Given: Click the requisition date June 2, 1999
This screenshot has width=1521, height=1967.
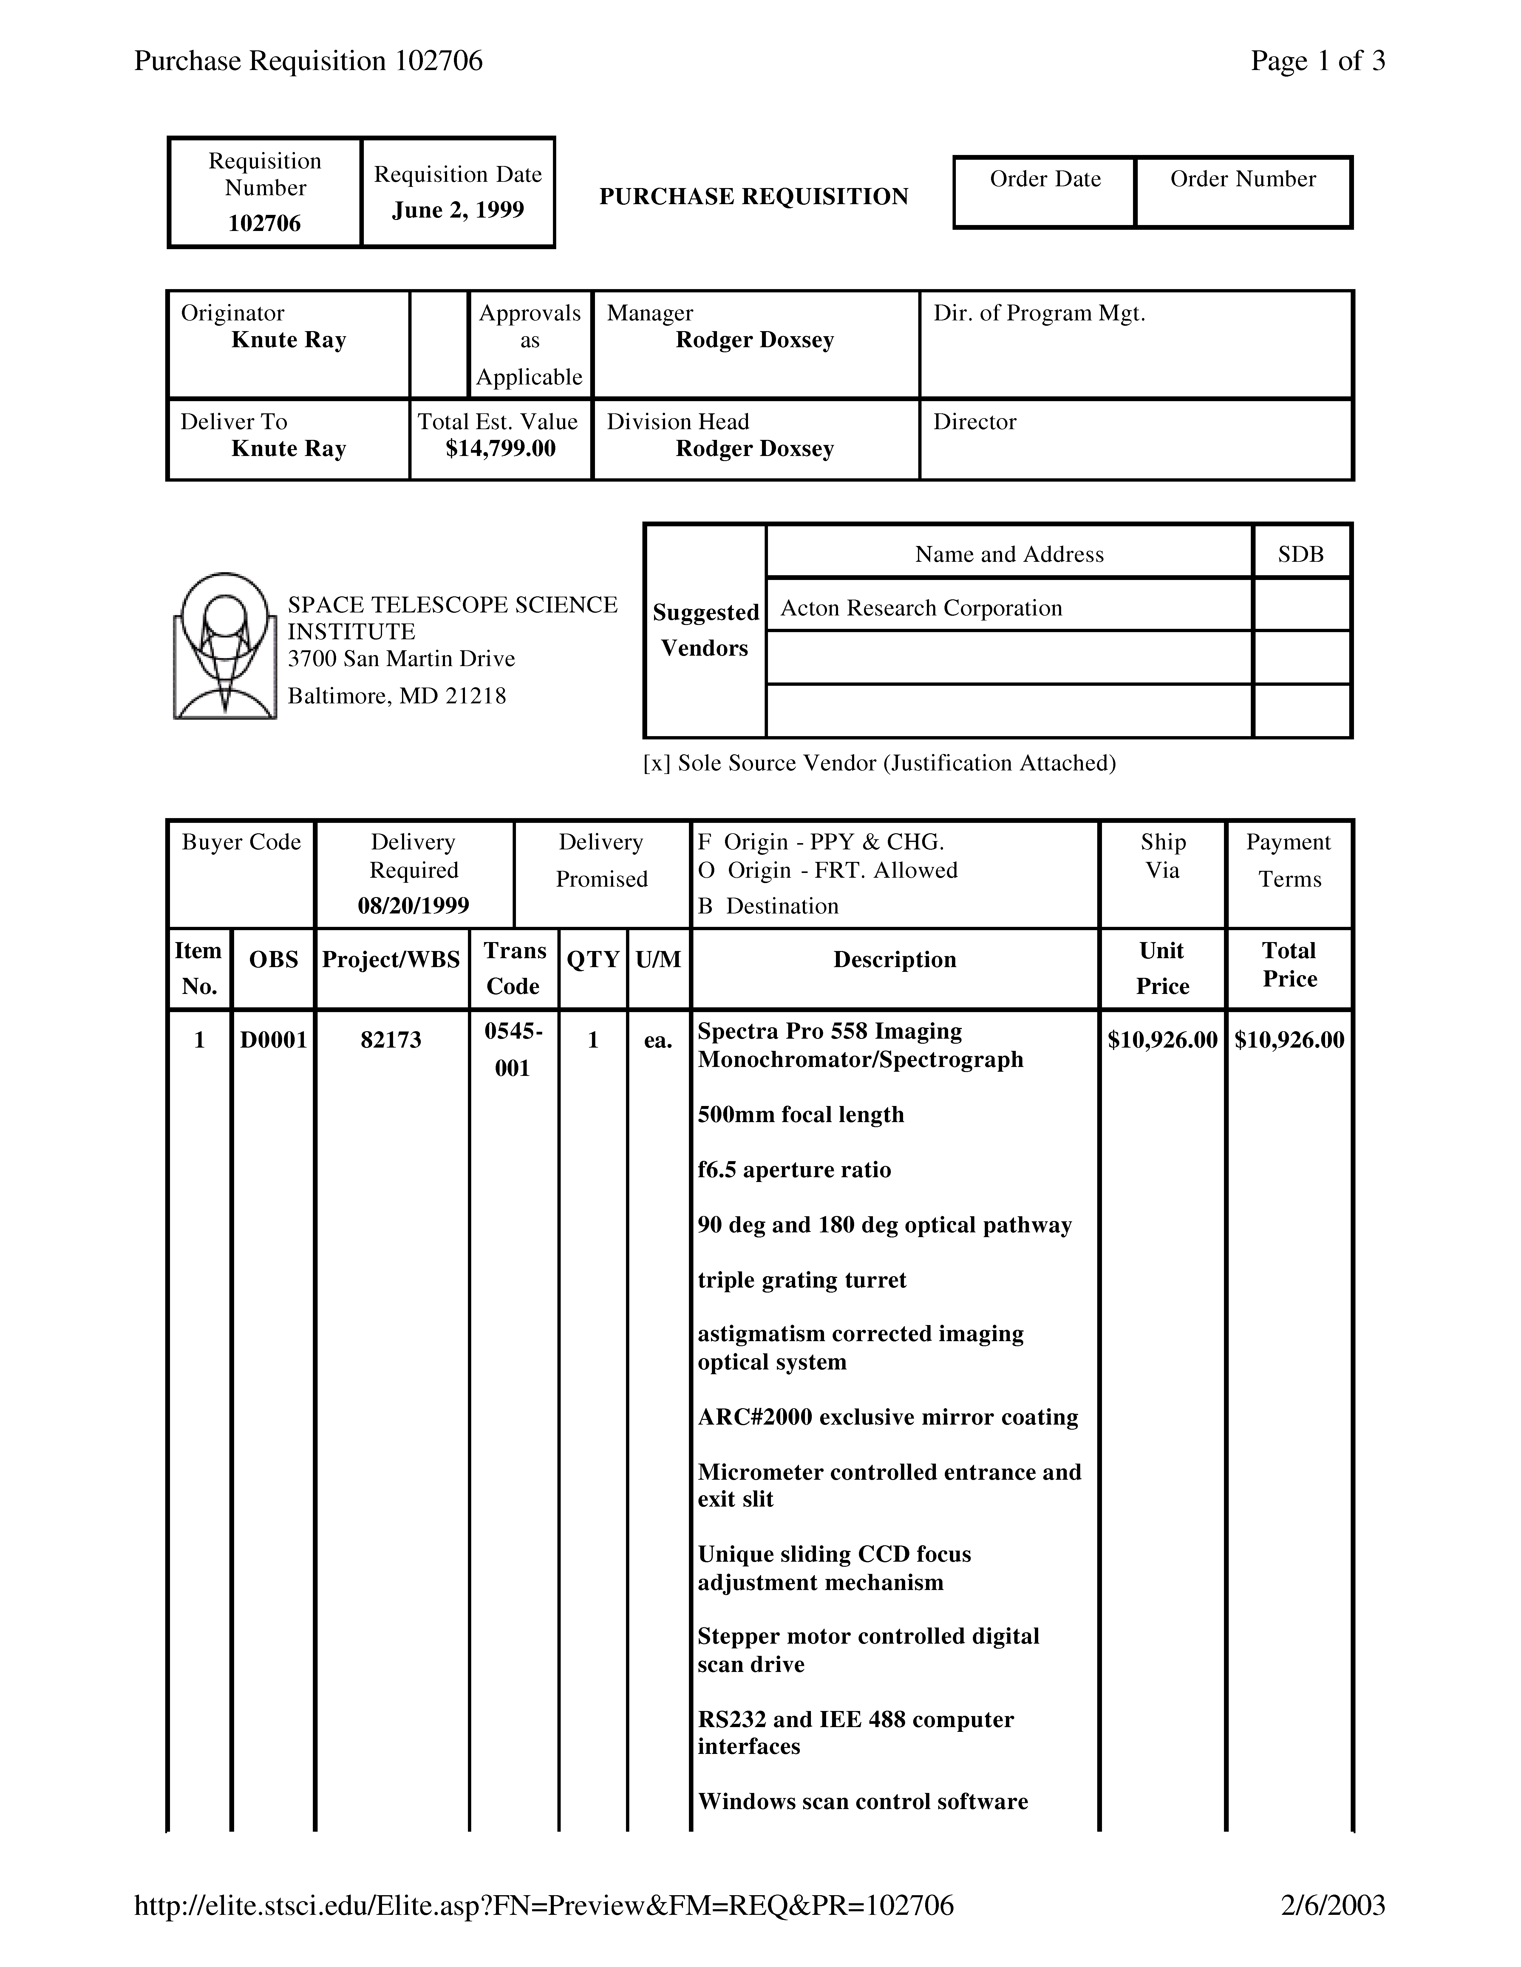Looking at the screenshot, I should pos(458,210).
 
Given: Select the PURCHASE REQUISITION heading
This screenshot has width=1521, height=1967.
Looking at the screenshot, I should pos(753,196).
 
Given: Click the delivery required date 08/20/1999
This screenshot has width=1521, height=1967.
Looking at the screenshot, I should pos(414,905).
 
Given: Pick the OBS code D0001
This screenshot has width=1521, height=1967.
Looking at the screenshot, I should pos(273,1040).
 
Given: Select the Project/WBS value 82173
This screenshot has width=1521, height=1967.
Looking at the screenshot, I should pos(391,1040).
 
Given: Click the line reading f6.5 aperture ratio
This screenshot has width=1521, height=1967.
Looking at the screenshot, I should pos(794,1170).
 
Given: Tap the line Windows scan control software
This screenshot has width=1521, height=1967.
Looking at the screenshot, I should pos(862,1801).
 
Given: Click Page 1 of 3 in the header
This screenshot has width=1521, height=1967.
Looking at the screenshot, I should pos(1317,61).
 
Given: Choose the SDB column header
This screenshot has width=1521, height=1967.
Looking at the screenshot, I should pos(1300,554).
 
